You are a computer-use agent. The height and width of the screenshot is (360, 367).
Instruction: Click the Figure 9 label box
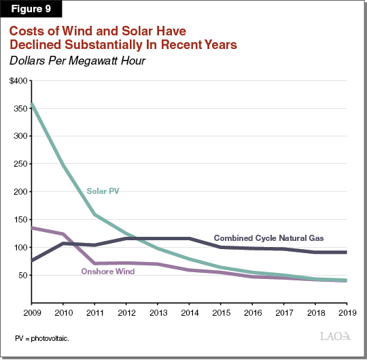[x=31, y=10]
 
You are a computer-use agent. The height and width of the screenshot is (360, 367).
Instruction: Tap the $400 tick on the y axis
[x=19, y=81]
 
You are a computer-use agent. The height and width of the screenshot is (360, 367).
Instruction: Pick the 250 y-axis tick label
[x=21, y=165]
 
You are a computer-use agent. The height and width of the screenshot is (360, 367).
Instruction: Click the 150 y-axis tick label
[x=21, y=220]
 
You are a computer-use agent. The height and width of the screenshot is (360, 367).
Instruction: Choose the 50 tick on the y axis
[x=23, y=276]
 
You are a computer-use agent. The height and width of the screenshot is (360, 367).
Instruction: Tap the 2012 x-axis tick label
[x=126, y=313]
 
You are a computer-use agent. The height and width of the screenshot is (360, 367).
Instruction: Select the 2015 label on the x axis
[x=220, y=313]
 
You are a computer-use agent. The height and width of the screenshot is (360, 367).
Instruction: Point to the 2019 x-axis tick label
[x=346, y=313]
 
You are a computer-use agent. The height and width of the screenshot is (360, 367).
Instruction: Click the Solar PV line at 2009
[x=31, y=104]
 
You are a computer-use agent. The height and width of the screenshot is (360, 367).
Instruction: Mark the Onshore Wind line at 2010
[x=63, y=234]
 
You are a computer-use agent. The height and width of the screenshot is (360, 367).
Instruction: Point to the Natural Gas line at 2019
[x=346, y=252]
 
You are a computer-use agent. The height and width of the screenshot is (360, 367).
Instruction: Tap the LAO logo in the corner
[x=335, y=336]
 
